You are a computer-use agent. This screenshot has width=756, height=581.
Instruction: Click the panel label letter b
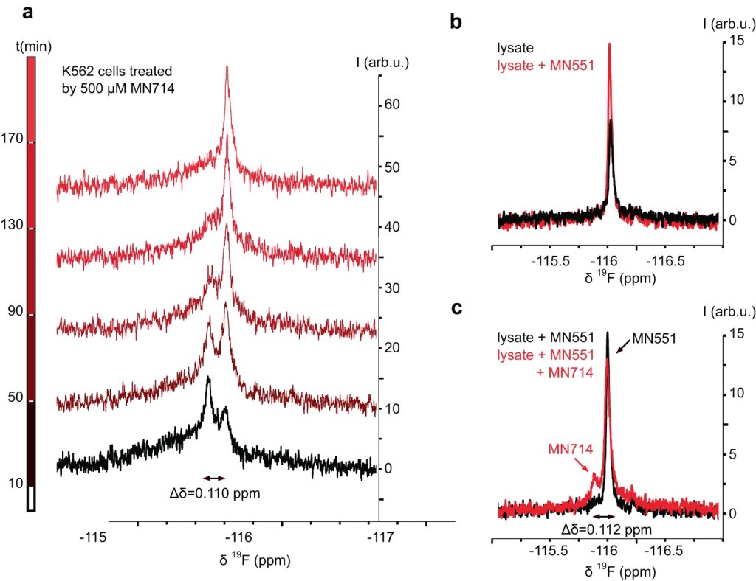pos(456,22)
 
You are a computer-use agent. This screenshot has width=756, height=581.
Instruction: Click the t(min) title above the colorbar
pos(32,46)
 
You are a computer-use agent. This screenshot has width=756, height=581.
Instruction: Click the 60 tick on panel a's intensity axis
pos(391,105)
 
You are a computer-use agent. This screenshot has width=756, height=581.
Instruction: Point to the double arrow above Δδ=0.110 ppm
pos(216,478)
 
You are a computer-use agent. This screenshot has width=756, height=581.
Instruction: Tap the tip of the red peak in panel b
pos(609,44)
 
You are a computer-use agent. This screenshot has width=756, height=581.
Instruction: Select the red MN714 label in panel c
pos(568,449)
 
